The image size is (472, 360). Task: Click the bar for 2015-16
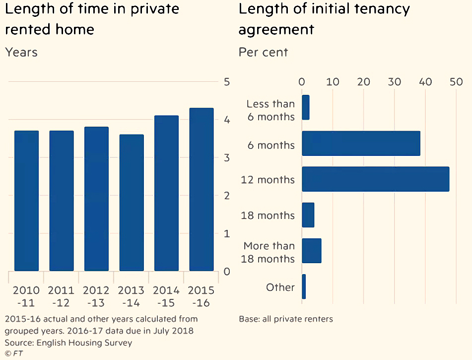(202, 190)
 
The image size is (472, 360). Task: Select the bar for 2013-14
(132, 203)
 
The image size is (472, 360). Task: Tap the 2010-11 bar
(26, 201)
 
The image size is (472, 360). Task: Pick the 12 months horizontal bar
(376, 179)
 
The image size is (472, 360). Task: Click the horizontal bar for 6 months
(361, 144)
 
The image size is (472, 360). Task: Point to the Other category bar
(304, 287)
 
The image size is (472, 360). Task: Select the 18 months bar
(308, 215)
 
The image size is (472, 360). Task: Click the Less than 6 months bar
(306, 108)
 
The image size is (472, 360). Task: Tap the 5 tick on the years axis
(227, 82)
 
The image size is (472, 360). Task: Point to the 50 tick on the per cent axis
(456, 82)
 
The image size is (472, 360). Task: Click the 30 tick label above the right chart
(395, 82)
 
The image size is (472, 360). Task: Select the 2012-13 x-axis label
(96, 296)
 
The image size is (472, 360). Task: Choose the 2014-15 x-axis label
(166, 296)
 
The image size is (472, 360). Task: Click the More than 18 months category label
(268, 252)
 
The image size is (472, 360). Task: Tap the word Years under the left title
(21, 52)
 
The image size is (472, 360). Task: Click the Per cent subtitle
(263, 52)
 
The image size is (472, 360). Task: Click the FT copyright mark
(14, 354)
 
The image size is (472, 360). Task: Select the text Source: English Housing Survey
(68, 343)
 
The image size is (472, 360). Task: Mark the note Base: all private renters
(286, 319)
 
